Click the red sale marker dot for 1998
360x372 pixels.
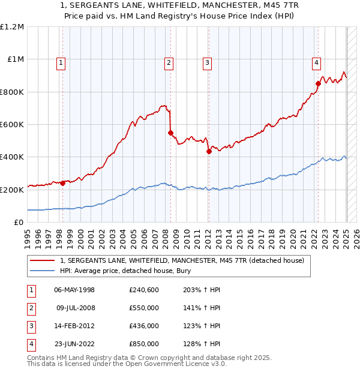point(62,183)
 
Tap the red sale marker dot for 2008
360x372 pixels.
point(170,133)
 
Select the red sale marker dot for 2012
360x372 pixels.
point(209,151)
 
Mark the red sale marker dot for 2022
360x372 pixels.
point(318,83)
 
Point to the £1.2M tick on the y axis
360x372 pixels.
point(12,27)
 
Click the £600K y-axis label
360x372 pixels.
point(13,124)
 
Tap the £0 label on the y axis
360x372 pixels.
point(19,222)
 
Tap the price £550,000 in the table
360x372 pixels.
point(144,308)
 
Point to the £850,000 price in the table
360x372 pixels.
point(144,344)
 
